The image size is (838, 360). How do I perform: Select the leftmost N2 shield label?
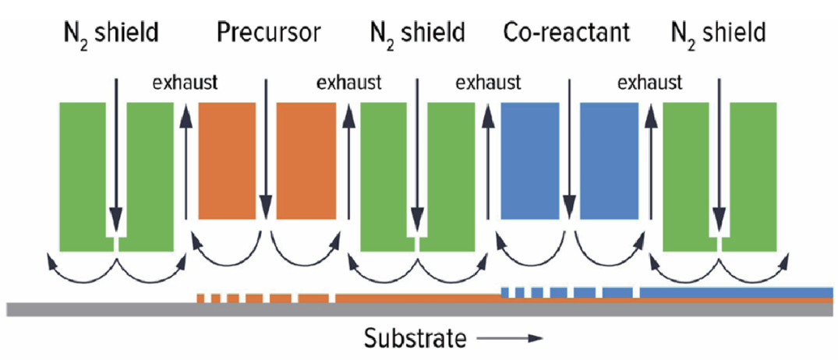coord(112,33)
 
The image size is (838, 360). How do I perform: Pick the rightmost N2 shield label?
coord(718,33)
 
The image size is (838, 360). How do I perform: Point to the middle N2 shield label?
coord(417,33)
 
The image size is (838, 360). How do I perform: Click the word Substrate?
coord(415,338)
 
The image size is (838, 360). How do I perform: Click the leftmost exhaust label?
coord(185,82)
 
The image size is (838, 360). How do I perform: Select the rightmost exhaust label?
coord(649,82)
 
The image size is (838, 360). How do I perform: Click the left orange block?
coord(227,161)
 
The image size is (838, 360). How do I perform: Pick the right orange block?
coord(305,161)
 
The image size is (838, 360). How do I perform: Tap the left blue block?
coord(529,161)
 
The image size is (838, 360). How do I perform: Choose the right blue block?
coord(609,161)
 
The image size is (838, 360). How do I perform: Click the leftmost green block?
coord(83,175)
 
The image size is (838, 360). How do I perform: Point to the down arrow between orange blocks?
coord(267,148)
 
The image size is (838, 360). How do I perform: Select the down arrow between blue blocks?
coord(570,148)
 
